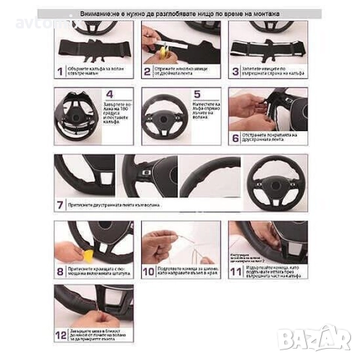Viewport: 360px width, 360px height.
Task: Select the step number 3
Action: pos(235,72)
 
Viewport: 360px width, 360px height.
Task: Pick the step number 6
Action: pos(235,138)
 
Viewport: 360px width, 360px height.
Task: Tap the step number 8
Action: pos(61,271)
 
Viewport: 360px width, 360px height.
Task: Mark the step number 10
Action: pos(148,271)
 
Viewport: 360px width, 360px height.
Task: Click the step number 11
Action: pos(235,271)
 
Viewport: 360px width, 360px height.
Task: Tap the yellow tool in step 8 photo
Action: pos(88,256)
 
